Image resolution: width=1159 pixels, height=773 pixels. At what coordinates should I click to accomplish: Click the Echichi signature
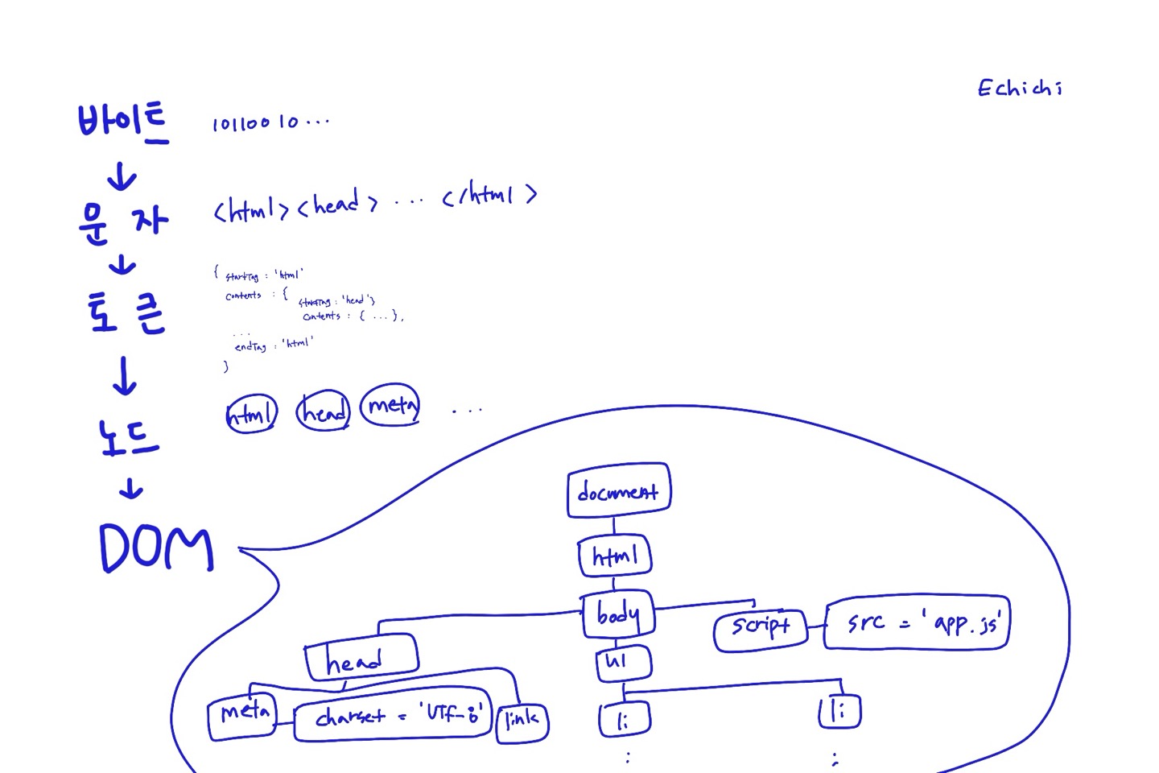[1020, 88]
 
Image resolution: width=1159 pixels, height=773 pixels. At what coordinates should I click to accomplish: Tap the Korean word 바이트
[122, 123]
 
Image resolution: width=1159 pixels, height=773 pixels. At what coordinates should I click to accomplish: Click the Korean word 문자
[123, 221]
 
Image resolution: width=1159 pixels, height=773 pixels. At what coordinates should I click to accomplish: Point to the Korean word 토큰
[126, 312]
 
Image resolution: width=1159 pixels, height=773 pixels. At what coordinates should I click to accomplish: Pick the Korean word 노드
[129, 438]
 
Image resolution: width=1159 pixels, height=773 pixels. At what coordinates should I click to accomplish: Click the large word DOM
[156, 548]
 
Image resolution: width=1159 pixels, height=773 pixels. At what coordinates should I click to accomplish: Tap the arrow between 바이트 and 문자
[122, 176]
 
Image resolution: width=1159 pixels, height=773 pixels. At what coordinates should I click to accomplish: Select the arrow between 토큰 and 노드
[125, 376]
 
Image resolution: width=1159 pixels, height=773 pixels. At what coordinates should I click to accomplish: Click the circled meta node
[391, 405]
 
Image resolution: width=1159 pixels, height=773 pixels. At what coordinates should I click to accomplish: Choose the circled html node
[251, 414]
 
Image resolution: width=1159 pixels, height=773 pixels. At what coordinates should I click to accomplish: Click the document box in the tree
[618, 490]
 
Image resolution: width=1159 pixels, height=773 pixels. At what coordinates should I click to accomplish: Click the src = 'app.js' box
[917, 623]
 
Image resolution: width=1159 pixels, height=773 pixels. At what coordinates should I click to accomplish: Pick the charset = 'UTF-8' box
[393, 714]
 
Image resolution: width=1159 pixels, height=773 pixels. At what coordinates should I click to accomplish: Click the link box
[522, 721]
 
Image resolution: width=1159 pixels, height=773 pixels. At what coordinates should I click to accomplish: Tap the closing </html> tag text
[489, 196]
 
